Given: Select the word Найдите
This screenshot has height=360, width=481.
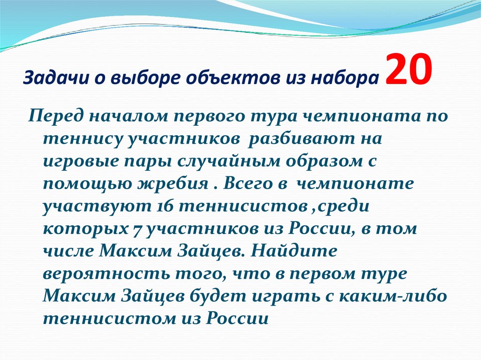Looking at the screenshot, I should (293, 252).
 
